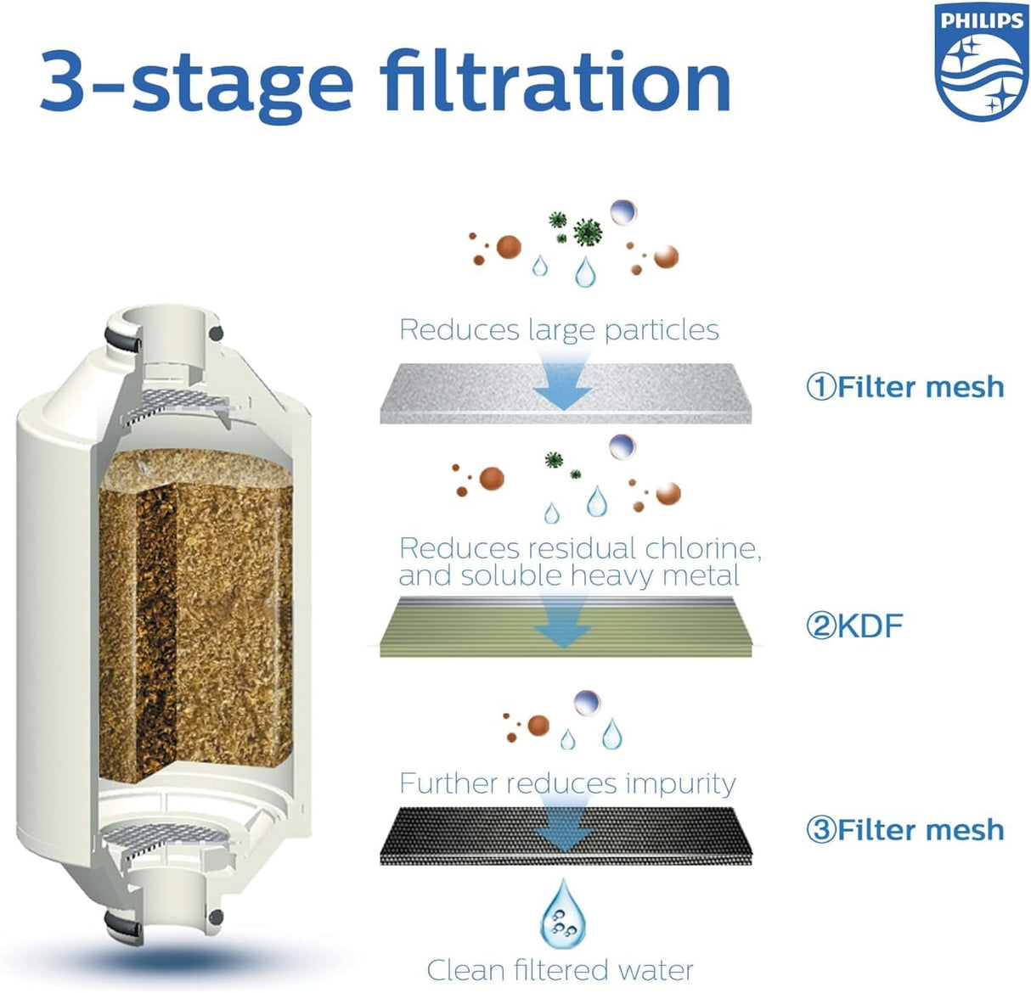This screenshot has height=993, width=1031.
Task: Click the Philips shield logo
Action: tap(980, 61)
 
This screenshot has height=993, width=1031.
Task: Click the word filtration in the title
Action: tap(555, 83)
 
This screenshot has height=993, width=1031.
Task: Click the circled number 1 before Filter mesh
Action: tap(820, 387)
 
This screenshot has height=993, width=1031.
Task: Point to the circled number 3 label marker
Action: tap(820, 829)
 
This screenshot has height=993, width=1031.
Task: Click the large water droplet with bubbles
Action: tap(563, 915)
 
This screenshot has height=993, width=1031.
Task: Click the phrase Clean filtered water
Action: tap(560, 970)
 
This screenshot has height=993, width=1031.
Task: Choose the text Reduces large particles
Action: tap(559, 329)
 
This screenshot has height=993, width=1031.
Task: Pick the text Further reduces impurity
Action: tap(567, 783)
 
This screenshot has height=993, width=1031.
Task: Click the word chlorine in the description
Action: tap(701, 548)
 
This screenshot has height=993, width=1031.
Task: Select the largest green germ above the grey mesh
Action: tap(587, 231)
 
